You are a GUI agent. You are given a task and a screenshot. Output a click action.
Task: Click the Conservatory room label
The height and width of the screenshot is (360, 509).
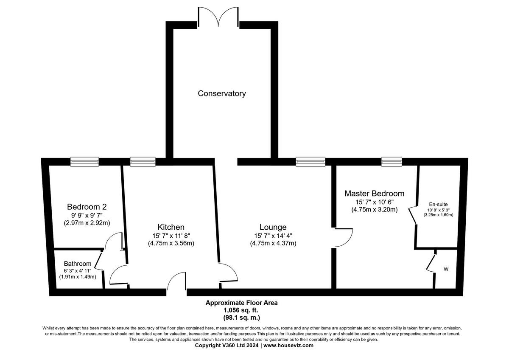(222, 93)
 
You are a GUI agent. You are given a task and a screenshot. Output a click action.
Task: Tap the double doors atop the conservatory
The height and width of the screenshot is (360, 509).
(218, 17)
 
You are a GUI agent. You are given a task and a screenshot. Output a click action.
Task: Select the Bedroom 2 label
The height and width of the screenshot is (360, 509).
(87, 207)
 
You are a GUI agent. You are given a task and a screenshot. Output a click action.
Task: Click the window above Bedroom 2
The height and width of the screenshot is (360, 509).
(84, 161)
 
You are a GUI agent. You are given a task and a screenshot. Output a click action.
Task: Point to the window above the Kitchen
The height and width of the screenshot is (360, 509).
(143, 161)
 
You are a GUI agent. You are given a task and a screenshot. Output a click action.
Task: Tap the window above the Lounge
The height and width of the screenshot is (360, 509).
(310, 161)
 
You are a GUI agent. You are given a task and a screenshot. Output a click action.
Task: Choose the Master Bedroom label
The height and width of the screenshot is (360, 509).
(374, 193)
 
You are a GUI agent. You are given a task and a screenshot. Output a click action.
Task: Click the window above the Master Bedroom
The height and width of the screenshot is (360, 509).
(391, 161)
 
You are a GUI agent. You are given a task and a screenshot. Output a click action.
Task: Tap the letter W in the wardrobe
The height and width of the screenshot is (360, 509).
(446, 269)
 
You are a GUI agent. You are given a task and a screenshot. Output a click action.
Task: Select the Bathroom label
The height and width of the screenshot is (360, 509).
(78, 264)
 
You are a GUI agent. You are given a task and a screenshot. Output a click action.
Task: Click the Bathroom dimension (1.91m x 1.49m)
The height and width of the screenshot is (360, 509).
(78, 277)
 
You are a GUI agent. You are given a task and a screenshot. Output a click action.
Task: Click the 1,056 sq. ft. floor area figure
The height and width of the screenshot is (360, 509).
(241, 310)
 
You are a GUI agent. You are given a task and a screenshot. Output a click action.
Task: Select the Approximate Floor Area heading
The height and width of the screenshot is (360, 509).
(241, 303)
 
